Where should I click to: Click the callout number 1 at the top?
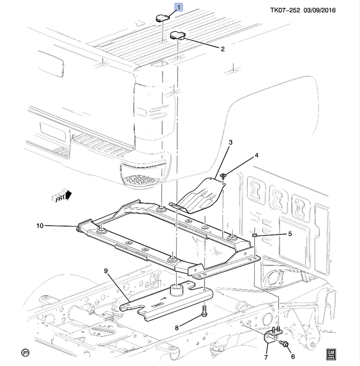click(179, 7)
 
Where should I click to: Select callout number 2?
click(222, 49)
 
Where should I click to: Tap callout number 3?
click(230, 143)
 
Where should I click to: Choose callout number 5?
click(290, 234)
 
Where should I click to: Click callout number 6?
click(292, 356)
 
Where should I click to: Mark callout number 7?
click(265, 356)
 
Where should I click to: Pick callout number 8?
click(177, 328)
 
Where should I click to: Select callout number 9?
click(105, 271)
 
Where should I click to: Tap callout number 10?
click(39, 226)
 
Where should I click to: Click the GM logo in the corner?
click(331, 353)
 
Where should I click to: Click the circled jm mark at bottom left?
click(25, 353)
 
